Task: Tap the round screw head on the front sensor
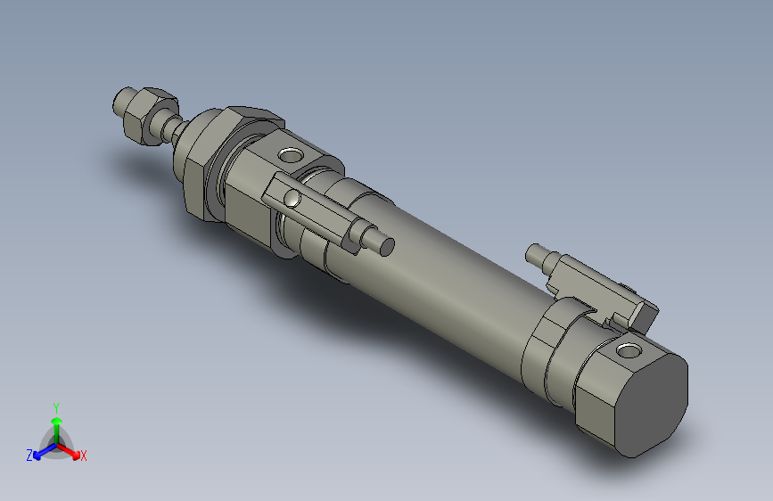(x=292, y=198)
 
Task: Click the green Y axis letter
(x=55, y=406)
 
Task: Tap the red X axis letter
(x=84, y=456)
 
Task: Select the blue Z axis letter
(x=29, y=455)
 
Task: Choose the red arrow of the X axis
(x=73, y=450)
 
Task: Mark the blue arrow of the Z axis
(x=40, y=452)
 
